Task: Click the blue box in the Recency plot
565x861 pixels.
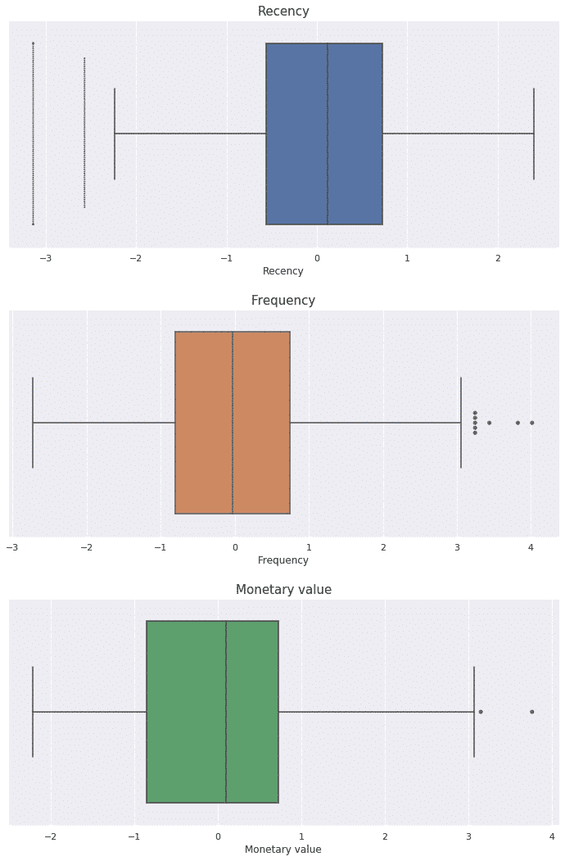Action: (323, 134)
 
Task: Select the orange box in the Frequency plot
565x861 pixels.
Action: (233, 423)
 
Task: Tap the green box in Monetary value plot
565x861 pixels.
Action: (212, 712)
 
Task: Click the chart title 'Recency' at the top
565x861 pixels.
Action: (283, 11)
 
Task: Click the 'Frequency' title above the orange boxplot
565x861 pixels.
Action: (283, 301)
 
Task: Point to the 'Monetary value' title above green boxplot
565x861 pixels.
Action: (283, 590)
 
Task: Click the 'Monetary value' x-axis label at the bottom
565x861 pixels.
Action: (283, 850)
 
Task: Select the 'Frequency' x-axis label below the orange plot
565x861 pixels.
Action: (283, 560)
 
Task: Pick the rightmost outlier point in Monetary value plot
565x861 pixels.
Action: (531, 712)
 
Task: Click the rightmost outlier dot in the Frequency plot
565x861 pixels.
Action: (531, 423)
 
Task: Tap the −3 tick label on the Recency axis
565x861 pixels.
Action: (45, 259)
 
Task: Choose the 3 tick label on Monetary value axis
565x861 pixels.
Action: (468, 837)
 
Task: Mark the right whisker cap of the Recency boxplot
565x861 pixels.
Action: (534, 134)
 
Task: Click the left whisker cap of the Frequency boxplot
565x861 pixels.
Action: (33, 423)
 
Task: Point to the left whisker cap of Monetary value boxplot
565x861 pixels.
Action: (33, 712)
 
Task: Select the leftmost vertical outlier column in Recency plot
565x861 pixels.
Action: (33, 134)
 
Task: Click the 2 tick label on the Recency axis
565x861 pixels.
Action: (498, 259)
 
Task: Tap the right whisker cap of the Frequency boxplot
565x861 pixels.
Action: (461, 423)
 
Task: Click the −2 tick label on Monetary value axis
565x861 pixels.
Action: (50, 837)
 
